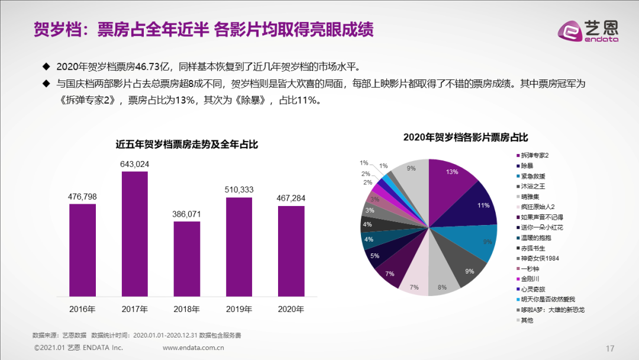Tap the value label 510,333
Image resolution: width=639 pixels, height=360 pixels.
click(239, 190)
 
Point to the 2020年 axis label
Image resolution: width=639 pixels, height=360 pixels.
click(291, 309)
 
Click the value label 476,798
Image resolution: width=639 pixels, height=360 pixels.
click(82, 197)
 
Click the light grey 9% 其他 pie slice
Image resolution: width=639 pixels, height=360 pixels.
click(411, 178)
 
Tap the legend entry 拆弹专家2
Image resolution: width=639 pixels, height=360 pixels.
click(536, 155)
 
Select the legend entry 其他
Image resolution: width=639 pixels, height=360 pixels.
click(527, 320)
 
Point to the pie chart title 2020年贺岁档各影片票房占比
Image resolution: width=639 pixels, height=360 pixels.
click(465, 137)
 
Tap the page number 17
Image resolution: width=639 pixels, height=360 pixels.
click(610, 347)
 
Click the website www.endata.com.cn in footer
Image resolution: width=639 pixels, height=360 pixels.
click(193, 348)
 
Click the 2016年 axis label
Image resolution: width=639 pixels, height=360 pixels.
click(82, 309)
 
